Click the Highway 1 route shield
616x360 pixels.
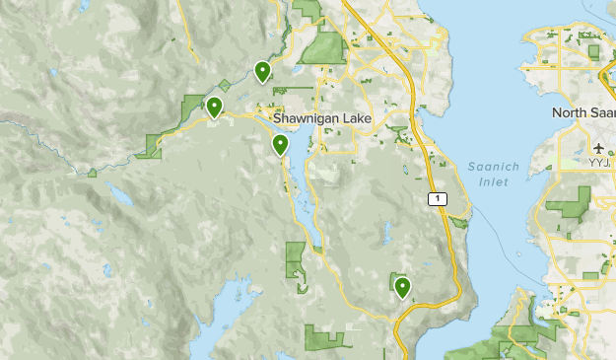[x=438, y=199]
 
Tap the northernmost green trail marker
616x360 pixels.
[x=262, y=71]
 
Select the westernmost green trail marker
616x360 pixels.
[x=214, y=107]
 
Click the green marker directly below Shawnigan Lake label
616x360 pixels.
[x=281, y=146]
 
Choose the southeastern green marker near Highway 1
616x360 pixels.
[x=402, y=287]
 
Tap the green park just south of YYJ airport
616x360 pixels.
[x=569, y=203]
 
